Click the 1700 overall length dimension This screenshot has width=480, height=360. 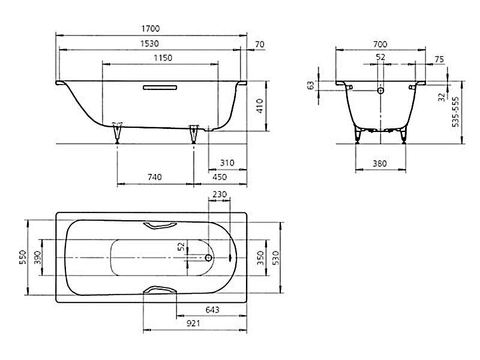click(x=151, y=28)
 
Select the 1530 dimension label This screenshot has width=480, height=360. click(x=149, y=43)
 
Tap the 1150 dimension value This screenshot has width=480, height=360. click(x=163, y=58)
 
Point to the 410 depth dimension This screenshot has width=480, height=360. click(x=260, y=106)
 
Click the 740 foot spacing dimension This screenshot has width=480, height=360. click(x=155, y=177)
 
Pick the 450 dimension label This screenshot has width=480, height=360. click(x=220, y=177)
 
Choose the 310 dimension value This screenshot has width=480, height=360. click(x=227, y=163)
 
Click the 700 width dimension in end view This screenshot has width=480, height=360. click(x=380, y=44)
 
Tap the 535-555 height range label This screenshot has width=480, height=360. click(x=455, y=112)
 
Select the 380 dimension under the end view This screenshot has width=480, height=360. click(x=380, y=164)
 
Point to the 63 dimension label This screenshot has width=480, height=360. click(x=311, y=85)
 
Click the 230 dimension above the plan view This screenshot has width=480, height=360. click(x=220, y=194)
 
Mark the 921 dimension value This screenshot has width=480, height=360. click(x=193, y=323)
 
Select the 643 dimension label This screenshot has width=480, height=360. click(x=212, y=310)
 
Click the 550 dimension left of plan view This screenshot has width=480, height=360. click(x=23, y=257)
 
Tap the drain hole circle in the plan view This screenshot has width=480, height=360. click(x=208, y=258)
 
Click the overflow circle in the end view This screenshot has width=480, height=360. click(x=380, y=91)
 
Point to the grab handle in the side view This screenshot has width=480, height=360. click(x=160, y=88)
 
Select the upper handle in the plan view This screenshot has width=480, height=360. click(x=160, y=226)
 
